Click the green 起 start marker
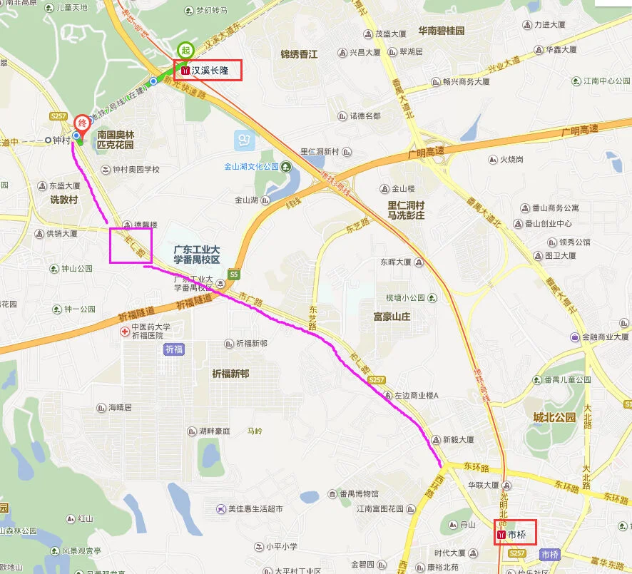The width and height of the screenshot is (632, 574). tap(185, 50)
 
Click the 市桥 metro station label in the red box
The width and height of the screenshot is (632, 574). tap(515, 533)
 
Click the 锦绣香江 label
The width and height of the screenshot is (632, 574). tap(299, 54)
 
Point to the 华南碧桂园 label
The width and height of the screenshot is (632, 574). tap(441, 31)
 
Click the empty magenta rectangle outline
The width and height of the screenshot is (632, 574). tap(131, 245)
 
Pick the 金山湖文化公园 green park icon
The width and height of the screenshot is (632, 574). tap(286, 167)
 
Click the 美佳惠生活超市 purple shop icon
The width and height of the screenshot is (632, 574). tap(220, 509)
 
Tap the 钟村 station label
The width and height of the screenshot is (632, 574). tap(61, 140)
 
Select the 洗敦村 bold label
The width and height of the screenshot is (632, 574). tap(63, 200)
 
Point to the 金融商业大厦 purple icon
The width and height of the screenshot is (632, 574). tap(575, 337)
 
